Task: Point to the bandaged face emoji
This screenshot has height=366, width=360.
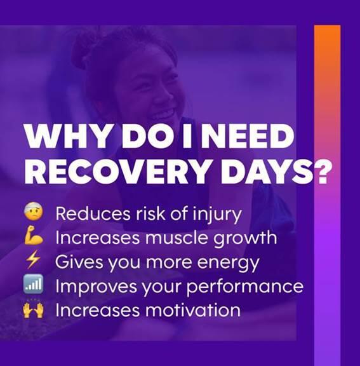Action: pos(34,212)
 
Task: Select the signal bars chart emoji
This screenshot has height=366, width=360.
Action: pos(34,284)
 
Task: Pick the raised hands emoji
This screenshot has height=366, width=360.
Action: pos(34,309)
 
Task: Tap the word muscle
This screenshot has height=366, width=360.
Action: pos(177,238)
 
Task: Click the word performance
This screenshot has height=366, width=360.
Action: pos(245,287)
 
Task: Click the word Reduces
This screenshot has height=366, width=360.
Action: pos(93,213)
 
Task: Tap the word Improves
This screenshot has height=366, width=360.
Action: pos(96,287)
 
